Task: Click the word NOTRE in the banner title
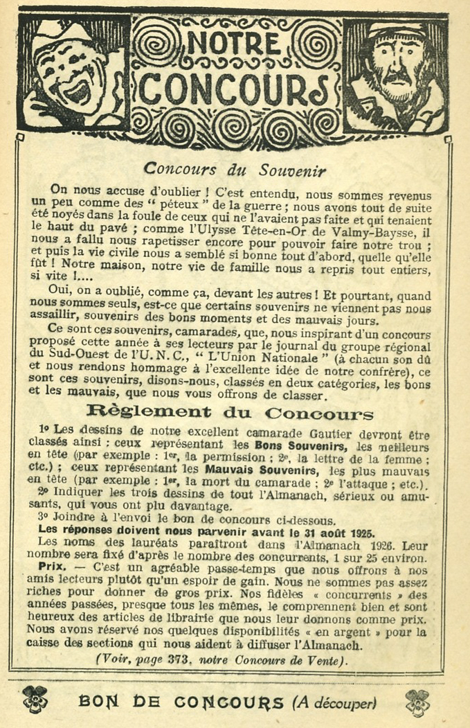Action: [233, 44]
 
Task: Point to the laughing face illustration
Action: [73, 72]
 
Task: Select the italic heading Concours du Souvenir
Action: [235, 170]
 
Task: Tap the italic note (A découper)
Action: [334, 702]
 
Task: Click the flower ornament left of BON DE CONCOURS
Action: [35, 700]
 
